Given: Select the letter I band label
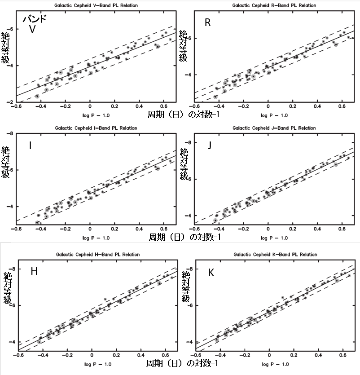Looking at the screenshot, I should click(x=30, y=145).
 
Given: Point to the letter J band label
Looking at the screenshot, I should click(x=209, y=145).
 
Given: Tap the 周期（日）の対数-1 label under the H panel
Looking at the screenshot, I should click(x=183, y=362).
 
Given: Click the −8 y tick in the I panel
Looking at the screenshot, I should click(x=11, y=133).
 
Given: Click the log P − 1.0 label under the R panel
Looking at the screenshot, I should click(x=274, y=115).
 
